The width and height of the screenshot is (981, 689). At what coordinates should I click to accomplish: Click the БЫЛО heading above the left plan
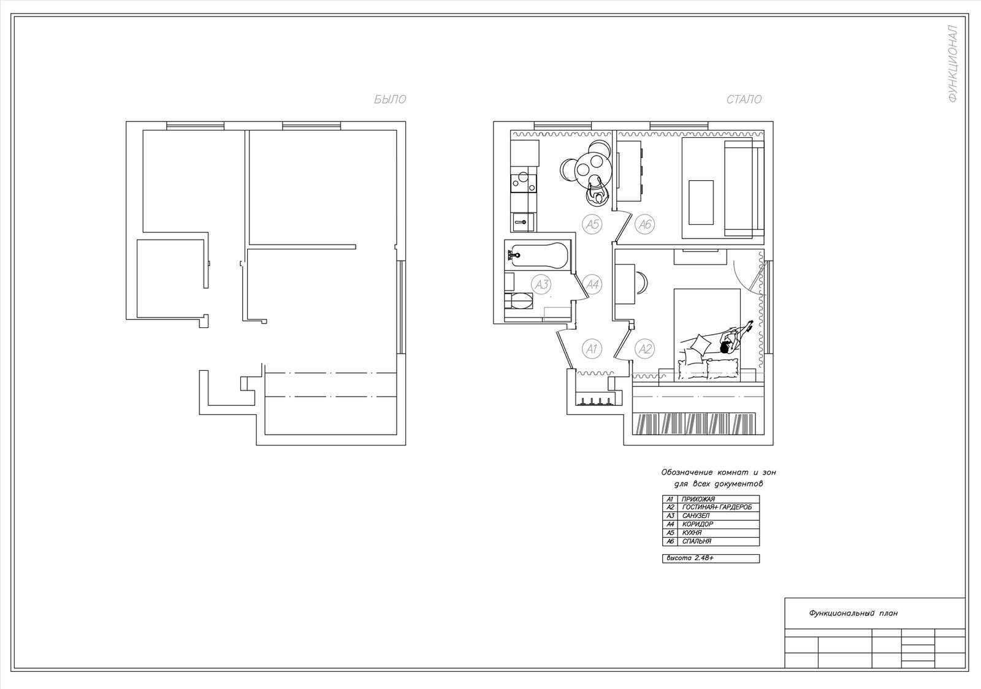[x=390, y=99]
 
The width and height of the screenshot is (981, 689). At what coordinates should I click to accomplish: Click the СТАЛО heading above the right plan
[x=744, y=99]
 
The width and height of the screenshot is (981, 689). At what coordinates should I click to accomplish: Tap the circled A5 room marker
[x=592, y=224]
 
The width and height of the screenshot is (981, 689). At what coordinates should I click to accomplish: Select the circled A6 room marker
[x=644, y=224]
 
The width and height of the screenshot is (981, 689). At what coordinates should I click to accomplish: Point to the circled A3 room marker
[x=542, y=284]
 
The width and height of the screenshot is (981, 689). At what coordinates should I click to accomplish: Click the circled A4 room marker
[x=592, y=284]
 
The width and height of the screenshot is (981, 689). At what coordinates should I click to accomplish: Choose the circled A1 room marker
[x=592, y=349]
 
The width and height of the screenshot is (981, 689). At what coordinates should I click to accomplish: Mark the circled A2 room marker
[x=644, y=349]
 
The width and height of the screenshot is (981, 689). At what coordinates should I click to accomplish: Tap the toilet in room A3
[x=519, y=301]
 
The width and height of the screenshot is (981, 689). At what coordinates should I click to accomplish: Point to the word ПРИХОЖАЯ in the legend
[x=698, y=499]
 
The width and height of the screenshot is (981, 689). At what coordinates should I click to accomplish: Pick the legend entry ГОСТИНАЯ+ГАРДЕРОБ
[x=717, y=508]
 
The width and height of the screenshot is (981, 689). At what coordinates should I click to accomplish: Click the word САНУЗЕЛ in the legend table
[x=696, y=516]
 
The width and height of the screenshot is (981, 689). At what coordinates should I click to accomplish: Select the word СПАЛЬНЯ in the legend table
[x=697, y=541]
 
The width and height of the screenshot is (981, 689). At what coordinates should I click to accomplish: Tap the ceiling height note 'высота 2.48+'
[x=690, y=558]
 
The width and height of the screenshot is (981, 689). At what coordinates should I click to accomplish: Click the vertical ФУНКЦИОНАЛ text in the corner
[x=953, y=64]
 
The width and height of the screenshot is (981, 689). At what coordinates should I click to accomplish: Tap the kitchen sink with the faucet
[x=522, y=223]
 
